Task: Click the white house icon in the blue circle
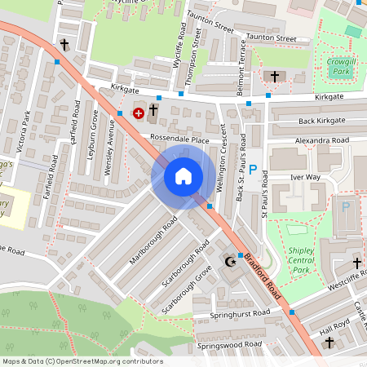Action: [183, 176]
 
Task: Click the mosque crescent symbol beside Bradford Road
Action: [230, 263]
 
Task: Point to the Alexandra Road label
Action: [322, 140]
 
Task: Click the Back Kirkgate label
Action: [322, 121]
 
